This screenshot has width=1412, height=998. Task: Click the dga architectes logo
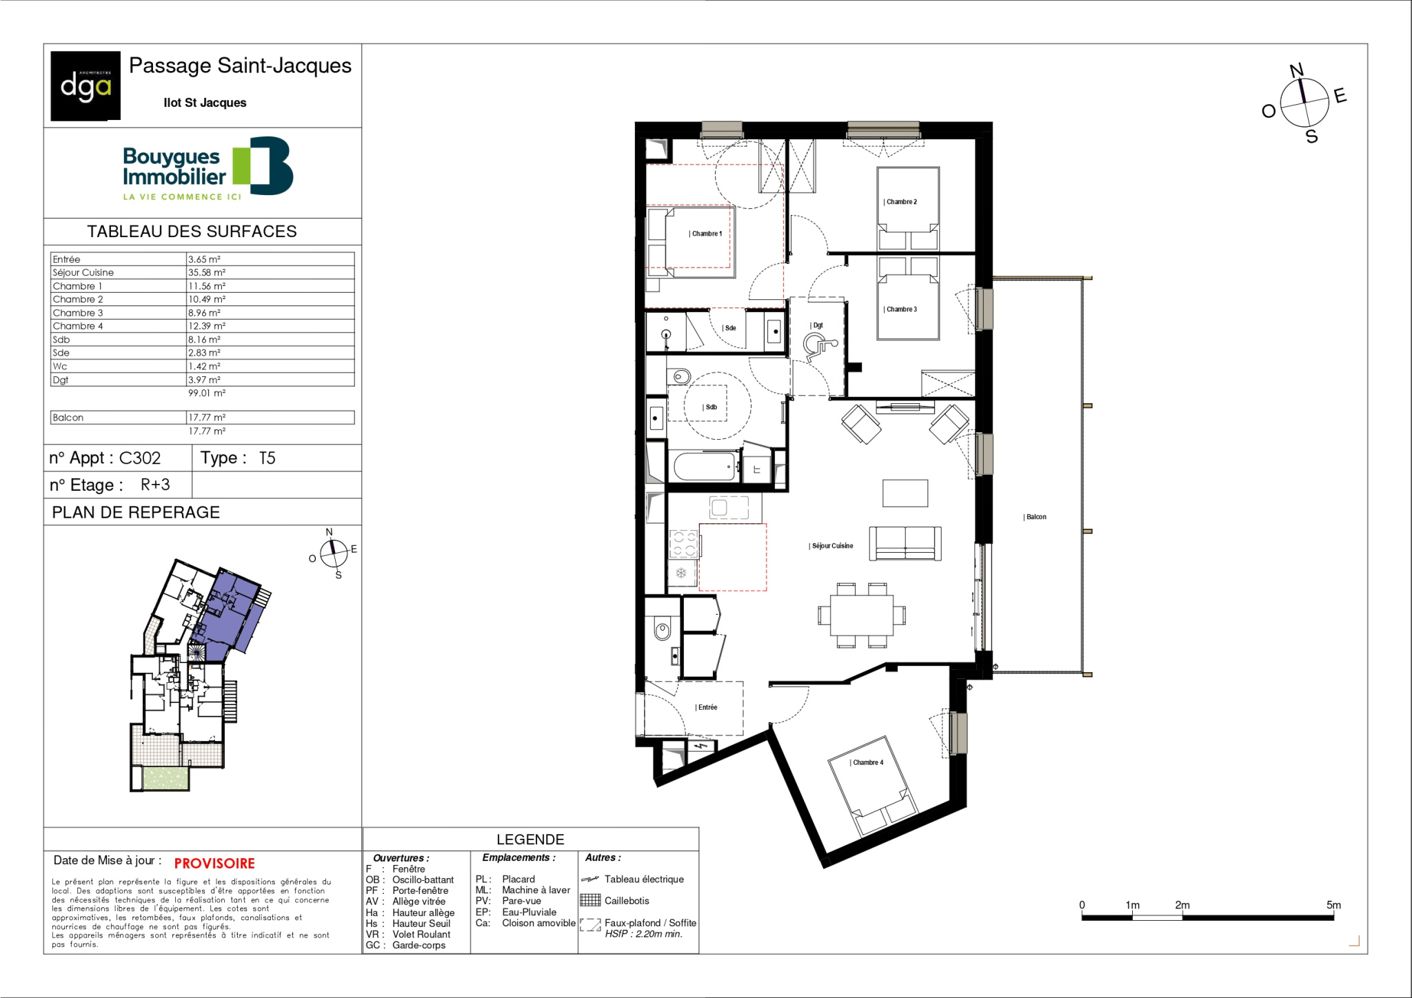point(85,86)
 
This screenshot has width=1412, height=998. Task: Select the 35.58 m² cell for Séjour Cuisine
point(207,272)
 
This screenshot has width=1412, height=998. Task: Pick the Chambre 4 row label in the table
point(78,326)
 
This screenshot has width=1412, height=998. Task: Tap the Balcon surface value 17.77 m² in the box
point(207,418)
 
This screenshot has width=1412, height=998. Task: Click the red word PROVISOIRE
point(214,864)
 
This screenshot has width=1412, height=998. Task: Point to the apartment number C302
point(140,458)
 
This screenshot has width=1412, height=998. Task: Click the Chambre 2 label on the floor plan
point(901,202)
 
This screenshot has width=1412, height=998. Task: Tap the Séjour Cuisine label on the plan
point(831,546)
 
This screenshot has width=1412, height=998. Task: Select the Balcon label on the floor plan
point(1036,517)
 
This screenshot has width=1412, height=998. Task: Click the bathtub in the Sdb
point(705,467)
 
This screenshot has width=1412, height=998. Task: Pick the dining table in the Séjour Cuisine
point(862,615)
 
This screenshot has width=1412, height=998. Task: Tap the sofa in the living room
point(905,544)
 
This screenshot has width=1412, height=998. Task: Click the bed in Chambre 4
point(873,786)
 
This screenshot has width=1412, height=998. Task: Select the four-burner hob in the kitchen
point(684,544)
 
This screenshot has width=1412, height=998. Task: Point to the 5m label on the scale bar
point(1333,905)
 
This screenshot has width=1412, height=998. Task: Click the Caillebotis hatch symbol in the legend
point(590,900)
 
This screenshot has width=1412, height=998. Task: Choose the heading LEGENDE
point(530,839)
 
